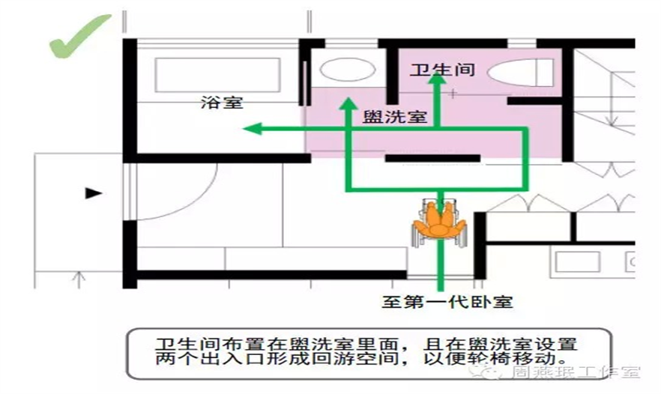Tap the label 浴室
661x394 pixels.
pyautogui.click(x=222, y=103)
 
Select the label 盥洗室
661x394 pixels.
pyautogui.click(x=394, y=118)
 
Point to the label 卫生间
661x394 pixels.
pyautogui.click(x=443, y=70)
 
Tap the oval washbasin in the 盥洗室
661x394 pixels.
pyautogui.click(x=347, y=70)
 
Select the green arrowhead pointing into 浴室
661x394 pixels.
pyautogui.click(x=253, y=130)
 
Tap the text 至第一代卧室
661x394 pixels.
pyautogui.click(x=446, y=302)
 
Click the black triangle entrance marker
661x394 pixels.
pyautogui.click(x=93, y=193)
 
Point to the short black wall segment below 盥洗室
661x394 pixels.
pyautogui.click(x=432, y=158)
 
